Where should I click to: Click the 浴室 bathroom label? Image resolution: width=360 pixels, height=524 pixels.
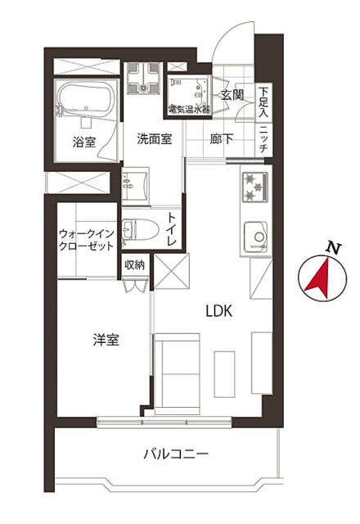84,142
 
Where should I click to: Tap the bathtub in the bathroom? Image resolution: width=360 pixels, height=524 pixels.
84,100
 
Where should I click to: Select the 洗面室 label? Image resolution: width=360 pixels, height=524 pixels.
155,139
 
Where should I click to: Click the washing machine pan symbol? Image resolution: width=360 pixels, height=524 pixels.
143,79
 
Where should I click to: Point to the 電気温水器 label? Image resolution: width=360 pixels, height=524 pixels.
189,109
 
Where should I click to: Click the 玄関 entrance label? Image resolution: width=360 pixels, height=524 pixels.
232,95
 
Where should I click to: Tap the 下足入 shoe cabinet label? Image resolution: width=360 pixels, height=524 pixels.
263,102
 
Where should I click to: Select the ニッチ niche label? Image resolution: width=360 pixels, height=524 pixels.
263,139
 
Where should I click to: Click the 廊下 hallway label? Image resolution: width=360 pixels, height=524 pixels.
221,139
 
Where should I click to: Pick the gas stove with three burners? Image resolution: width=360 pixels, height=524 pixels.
255,187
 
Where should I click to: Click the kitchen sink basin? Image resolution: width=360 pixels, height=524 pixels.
256,237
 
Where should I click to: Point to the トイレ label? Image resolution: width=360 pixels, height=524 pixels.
172,229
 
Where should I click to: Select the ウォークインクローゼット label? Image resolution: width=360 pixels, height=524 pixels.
87,240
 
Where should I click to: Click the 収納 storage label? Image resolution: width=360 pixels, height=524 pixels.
134,265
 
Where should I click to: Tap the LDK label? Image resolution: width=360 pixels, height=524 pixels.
218,311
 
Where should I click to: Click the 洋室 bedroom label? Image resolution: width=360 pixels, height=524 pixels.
106,340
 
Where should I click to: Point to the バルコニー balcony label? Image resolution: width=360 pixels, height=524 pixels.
176,454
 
